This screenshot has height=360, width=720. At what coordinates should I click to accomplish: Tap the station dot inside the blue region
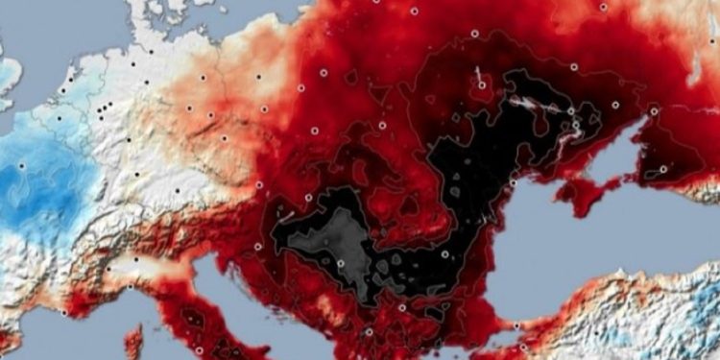pos(21,166)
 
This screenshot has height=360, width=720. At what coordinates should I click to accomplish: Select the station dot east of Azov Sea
pos(663,169)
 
